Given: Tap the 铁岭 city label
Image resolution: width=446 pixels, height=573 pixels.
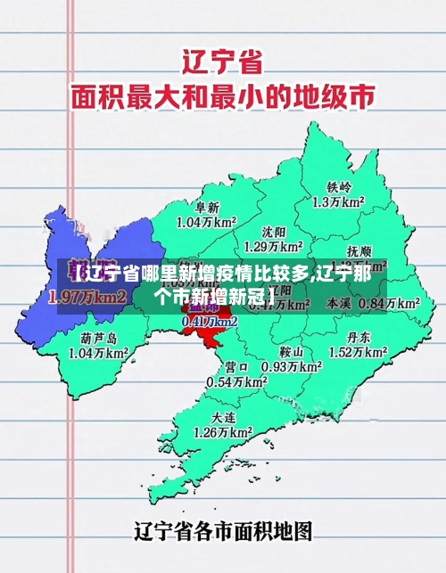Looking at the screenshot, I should [339, 187].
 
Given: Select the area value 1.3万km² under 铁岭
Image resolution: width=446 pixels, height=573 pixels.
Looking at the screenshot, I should [339, 203].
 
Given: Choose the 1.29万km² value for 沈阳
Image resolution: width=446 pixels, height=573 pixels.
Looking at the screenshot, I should [274, 246].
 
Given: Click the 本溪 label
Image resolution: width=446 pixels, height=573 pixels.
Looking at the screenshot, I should [340, 303].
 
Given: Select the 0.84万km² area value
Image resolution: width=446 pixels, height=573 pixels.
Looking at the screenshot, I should [389, 303].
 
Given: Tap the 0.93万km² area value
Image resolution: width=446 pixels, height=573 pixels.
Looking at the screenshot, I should [291, 366].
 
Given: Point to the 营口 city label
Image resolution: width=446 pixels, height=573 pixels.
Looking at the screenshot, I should [237, 366].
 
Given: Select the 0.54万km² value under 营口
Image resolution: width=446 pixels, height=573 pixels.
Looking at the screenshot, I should [237, 381].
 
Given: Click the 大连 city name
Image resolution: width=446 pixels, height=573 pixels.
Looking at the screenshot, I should [224, 417].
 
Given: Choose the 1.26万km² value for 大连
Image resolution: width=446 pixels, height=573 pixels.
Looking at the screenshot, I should [223, 433].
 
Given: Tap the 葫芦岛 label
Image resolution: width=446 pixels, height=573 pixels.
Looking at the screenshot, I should [99, 338].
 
